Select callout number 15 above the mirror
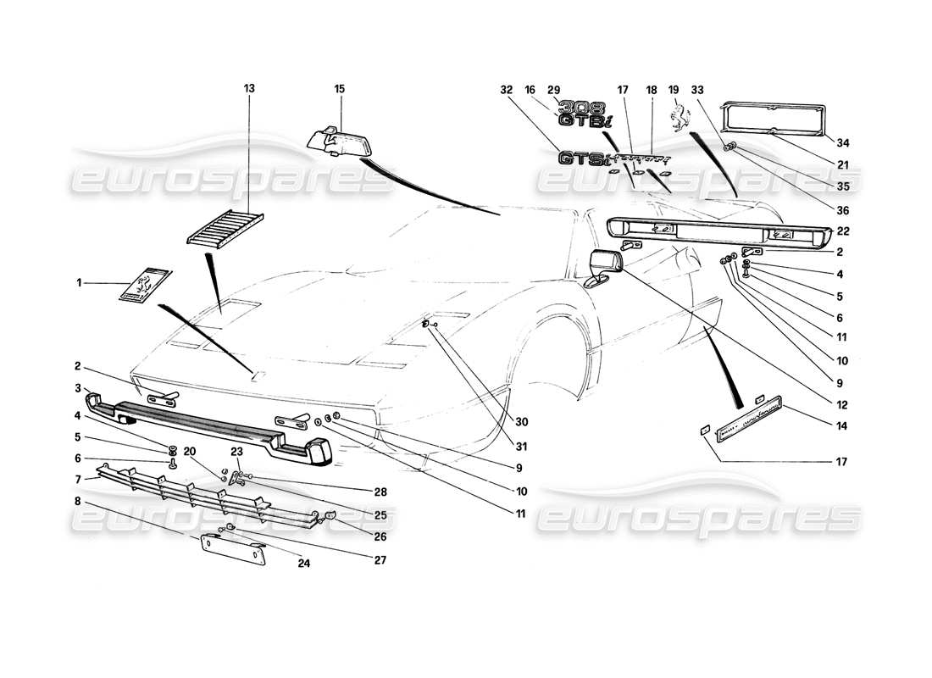point(340,88)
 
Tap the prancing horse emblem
point(674,118)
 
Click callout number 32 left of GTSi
point(507,88)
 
